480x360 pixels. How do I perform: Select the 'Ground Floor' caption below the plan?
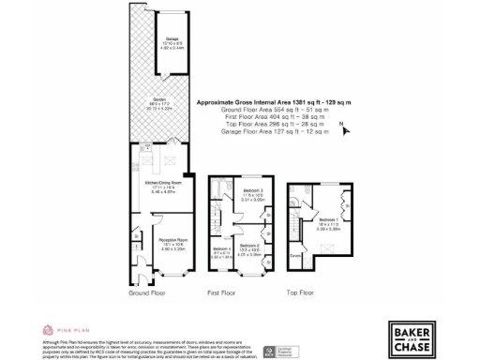pyautogui.click(x=150, y=293)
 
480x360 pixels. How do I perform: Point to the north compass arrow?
pyautogui.click(x=346, y=129)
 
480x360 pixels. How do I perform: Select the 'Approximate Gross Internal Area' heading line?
pyautogui.click(x=265, y=101)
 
